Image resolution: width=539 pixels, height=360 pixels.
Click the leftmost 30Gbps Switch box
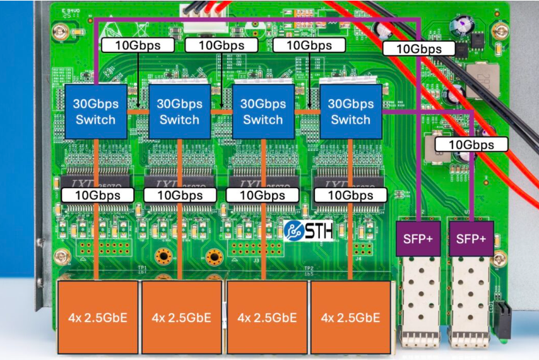[95, 112]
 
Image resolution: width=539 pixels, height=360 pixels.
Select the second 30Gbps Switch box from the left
[179, 112]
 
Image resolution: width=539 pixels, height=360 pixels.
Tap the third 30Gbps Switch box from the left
[263, 112]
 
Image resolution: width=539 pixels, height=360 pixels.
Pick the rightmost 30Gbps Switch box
[350, 112]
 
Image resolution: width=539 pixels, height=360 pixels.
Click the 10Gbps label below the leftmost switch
[97, 195]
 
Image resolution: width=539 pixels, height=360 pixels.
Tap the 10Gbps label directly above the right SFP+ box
[471, 145]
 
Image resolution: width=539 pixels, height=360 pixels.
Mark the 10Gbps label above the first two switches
[137, 45]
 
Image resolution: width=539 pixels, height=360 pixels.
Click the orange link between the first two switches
[137, 112]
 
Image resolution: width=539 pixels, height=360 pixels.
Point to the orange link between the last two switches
[307, 112]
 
